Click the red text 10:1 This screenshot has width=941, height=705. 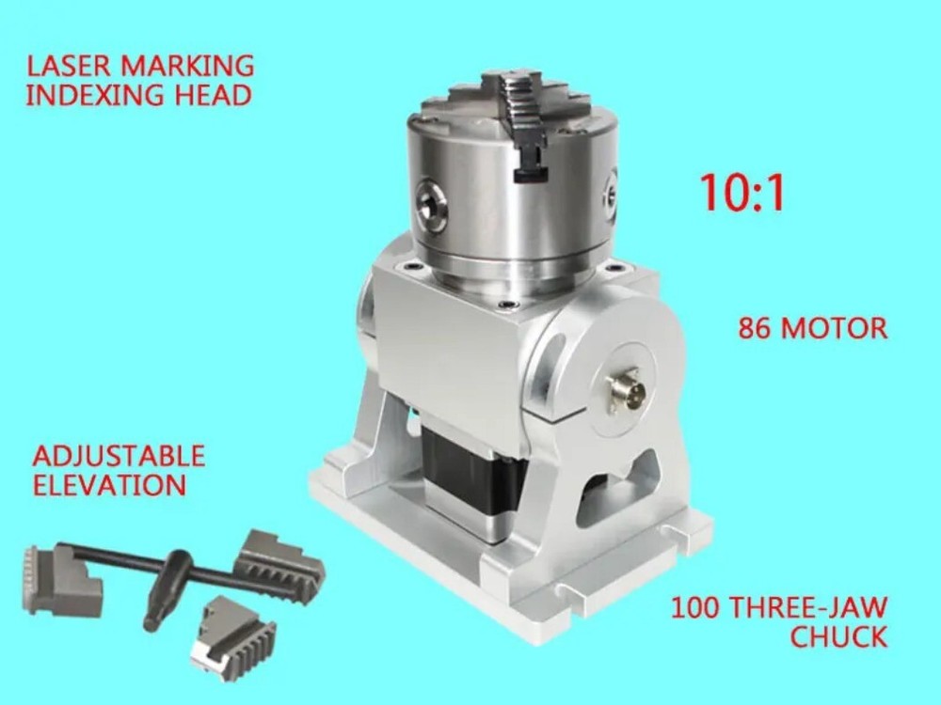pyautogui.click(x=742, y=192)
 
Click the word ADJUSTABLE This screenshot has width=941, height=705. pyautogui.click(x=119, y=457)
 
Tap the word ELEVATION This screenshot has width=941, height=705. pyautogui.click(x=108, y=485)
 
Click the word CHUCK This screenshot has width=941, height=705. pyautogui.click(x=837, y=636)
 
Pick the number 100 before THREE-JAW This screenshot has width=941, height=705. pyautogui.click(x=699, y=606)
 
